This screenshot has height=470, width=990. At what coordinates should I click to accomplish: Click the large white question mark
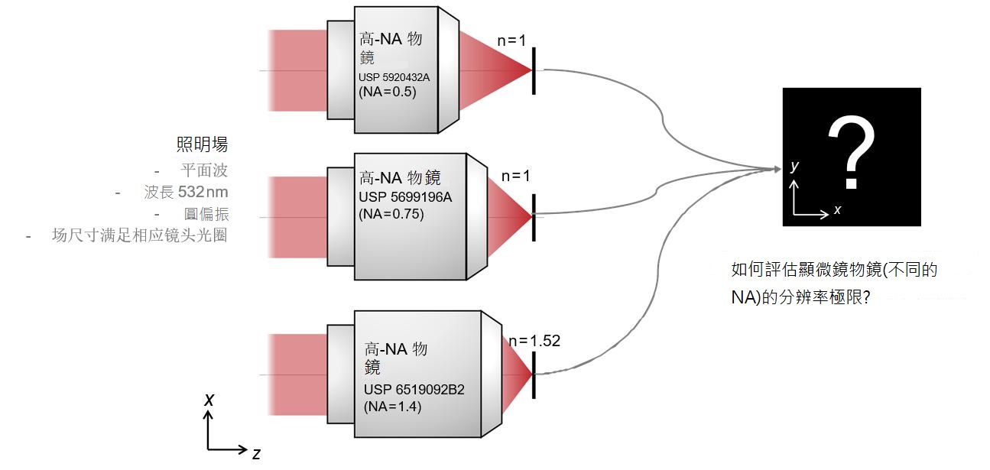(852, 152)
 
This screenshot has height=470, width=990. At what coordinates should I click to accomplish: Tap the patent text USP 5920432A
(394, 77)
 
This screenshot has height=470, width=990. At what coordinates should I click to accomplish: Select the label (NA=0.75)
(391, 214)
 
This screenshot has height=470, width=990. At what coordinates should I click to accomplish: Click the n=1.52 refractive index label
(534, 341)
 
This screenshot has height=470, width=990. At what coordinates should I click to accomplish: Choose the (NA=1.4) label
(392, 407)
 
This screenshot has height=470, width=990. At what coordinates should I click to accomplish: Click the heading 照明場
(202, 144)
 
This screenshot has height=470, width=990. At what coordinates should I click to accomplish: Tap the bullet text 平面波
(204, 170)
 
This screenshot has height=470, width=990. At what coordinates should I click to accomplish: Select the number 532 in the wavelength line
(191, 192)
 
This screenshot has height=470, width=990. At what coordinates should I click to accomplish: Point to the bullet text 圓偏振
(206, 214)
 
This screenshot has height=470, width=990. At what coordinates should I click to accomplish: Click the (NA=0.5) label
(388, 92)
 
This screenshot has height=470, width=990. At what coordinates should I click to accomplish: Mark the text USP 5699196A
(405, 197)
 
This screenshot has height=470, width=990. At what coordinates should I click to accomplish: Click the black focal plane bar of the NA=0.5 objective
(534, 70)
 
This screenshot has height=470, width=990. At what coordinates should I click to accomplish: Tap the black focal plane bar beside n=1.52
(534, 375)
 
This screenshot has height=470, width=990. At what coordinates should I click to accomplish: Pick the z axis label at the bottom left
(256, 454)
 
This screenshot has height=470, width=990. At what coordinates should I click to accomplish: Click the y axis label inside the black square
(794, 166)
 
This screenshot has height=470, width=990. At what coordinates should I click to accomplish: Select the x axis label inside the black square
(838, 210)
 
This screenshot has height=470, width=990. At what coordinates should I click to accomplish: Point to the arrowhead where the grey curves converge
(777, 169)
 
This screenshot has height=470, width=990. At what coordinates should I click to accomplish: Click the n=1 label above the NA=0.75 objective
(515, 177)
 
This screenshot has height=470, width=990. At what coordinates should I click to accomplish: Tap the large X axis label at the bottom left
(209, 400)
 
